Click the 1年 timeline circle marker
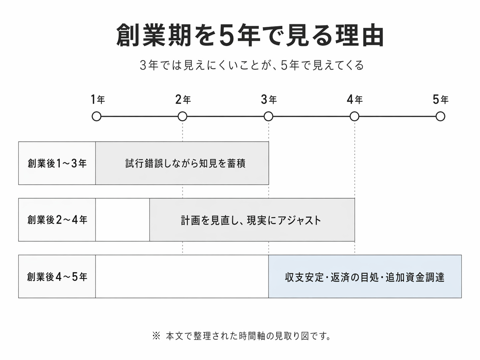point(96,116)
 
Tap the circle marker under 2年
point(182,116)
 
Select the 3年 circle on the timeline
point(269,116)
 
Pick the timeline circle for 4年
point(354,116)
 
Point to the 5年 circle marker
point(440,116)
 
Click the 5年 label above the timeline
point(440,99)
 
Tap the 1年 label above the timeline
point(98,99)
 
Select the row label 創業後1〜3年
point(57,163)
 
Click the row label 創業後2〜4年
point(57,220)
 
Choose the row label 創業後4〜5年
point(57,276)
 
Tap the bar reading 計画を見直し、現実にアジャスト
point(251,220)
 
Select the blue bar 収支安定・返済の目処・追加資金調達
point(365,277)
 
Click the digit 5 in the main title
point(226,35)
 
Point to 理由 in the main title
point(360,35)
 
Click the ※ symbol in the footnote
point(156,336)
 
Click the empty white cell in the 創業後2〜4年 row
point(122,220)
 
